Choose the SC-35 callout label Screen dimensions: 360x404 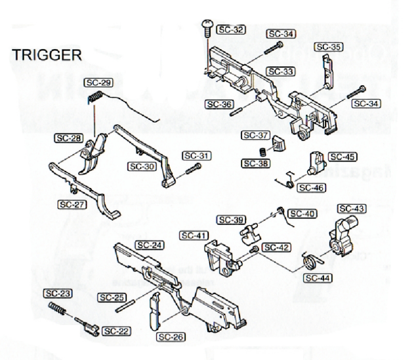point(329,47)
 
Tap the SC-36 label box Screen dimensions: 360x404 point(218,104)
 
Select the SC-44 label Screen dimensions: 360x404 point(316,278)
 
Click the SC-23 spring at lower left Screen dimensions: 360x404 point(58,309)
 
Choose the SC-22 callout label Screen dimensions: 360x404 point(115,331)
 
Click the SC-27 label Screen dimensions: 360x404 point(71,205)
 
